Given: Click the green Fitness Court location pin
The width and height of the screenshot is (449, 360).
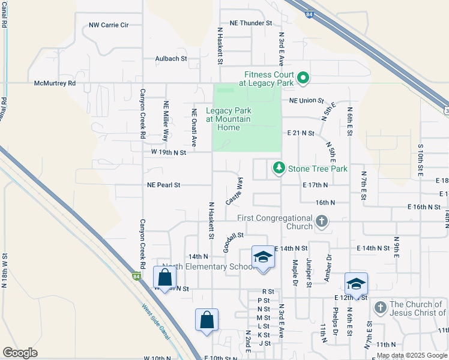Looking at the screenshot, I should point(303,77).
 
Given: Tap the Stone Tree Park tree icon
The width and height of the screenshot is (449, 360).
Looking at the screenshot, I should point(279,167).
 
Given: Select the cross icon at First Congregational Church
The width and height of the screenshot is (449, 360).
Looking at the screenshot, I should point(322,221).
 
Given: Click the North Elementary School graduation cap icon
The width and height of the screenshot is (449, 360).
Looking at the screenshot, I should point(262,257).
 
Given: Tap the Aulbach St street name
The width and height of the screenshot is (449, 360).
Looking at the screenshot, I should point(171,59).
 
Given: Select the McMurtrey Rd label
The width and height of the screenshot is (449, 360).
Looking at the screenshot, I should point(55,83).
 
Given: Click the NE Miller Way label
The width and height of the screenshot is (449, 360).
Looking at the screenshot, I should point(166,121).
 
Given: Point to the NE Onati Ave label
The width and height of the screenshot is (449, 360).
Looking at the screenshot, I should point(194,128).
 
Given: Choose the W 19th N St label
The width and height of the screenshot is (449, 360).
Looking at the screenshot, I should point(169,152).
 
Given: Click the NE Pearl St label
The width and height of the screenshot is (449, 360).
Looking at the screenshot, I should point(164,185).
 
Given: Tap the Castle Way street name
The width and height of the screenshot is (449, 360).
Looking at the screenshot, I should point(234,191).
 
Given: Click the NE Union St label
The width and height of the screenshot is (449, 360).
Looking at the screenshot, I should point(306,101).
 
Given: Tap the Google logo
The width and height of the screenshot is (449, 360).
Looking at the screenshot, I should point(20,353).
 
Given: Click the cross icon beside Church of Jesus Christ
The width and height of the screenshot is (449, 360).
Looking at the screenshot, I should point(379,308).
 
